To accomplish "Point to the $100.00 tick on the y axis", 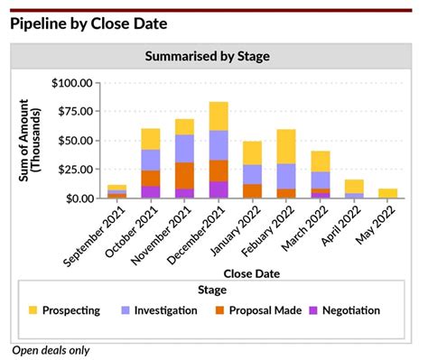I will coord(72,83).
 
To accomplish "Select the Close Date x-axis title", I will coord(250,272).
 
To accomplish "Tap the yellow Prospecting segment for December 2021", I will coord(219,115).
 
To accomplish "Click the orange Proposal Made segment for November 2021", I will coord(185,175).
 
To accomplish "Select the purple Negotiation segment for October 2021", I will coord(151,191).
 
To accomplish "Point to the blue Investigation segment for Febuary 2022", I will coord(286,176).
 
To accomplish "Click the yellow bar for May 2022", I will coord(387,192).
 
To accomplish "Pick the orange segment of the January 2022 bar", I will coord(252,190).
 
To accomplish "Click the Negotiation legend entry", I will coord(341,310).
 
